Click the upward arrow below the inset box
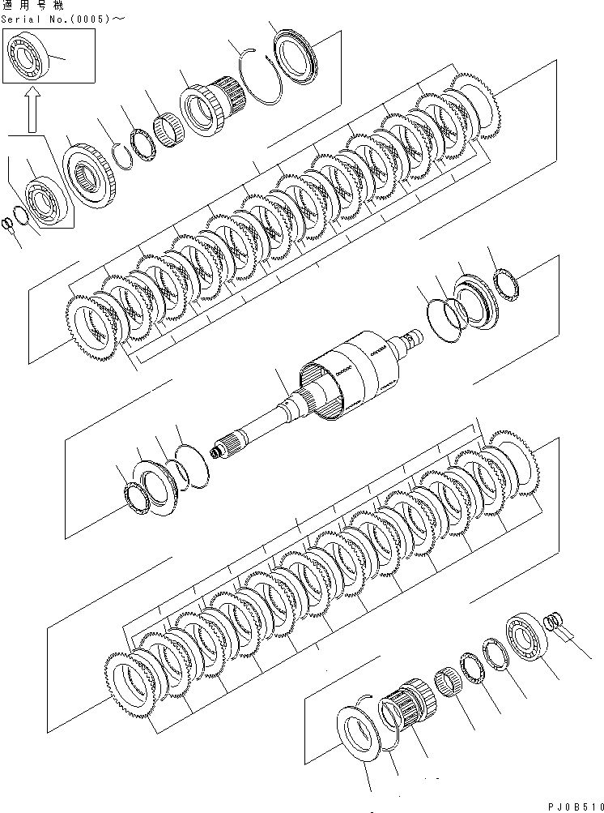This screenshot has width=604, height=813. [30, 109]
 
